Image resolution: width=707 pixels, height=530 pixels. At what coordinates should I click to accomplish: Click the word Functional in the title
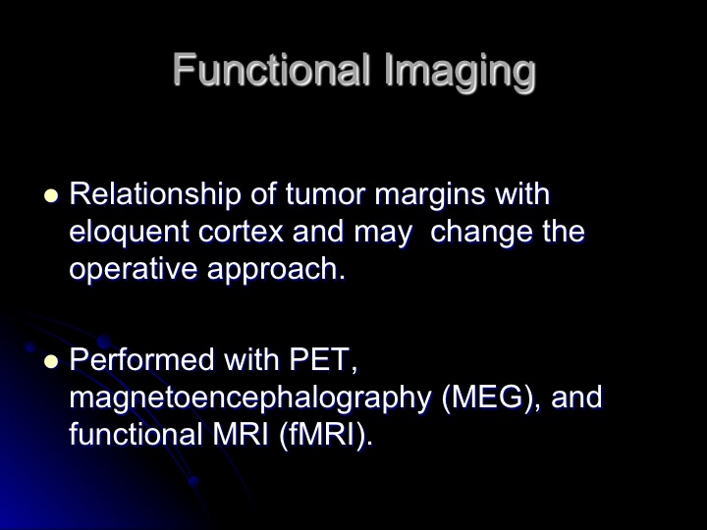[x=271, y=70]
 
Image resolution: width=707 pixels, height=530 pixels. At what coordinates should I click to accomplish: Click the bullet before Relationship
[x=51, y=196]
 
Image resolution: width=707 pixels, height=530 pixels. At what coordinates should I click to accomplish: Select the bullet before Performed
[x=51, y=361]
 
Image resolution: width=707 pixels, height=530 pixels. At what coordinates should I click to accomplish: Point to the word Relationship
[x=155, y=194]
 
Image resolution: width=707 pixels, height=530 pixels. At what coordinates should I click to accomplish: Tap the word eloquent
[x=129, y=233]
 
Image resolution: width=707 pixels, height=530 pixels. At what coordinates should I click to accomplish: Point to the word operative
[x=133, y=270]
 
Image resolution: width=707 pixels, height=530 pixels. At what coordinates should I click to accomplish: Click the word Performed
[x=142, y=359]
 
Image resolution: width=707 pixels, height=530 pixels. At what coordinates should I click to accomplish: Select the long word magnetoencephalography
[x=250, y=398]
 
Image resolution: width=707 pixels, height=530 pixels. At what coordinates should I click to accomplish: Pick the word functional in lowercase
[x=136, y=434]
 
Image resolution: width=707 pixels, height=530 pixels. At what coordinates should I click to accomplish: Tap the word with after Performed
[x=251, y=359]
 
